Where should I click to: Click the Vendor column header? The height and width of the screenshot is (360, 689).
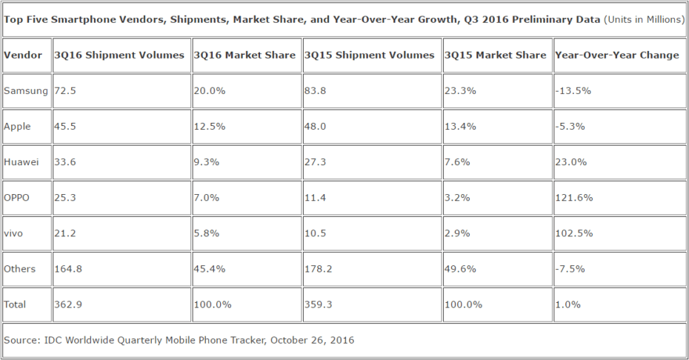(x=23, y=55)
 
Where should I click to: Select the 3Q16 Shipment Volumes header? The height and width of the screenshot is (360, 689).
(x=119, y=55)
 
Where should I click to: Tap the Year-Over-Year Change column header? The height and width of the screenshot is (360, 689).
(x=616, y=55)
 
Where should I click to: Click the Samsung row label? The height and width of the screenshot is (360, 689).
(x=26, y=90)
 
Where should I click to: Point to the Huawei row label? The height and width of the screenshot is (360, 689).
(x=21, y=161)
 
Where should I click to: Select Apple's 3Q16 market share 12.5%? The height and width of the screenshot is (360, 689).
(x=209, y=126)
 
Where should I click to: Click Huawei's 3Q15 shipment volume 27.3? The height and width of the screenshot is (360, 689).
(x=316, y=161)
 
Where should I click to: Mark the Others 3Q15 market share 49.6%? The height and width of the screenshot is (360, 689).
(x=459, y=268)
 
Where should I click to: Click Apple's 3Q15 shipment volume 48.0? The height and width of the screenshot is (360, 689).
(x=316, y=126)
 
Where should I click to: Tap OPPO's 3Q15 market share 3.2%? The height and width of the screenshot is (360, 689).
(x=456, y=197)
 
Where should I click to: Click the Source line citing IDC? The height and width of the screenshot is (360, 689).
(x=179, y=340)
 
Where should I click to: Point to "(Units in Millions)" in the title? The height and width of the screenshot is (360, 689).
(x=644, y=19)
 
